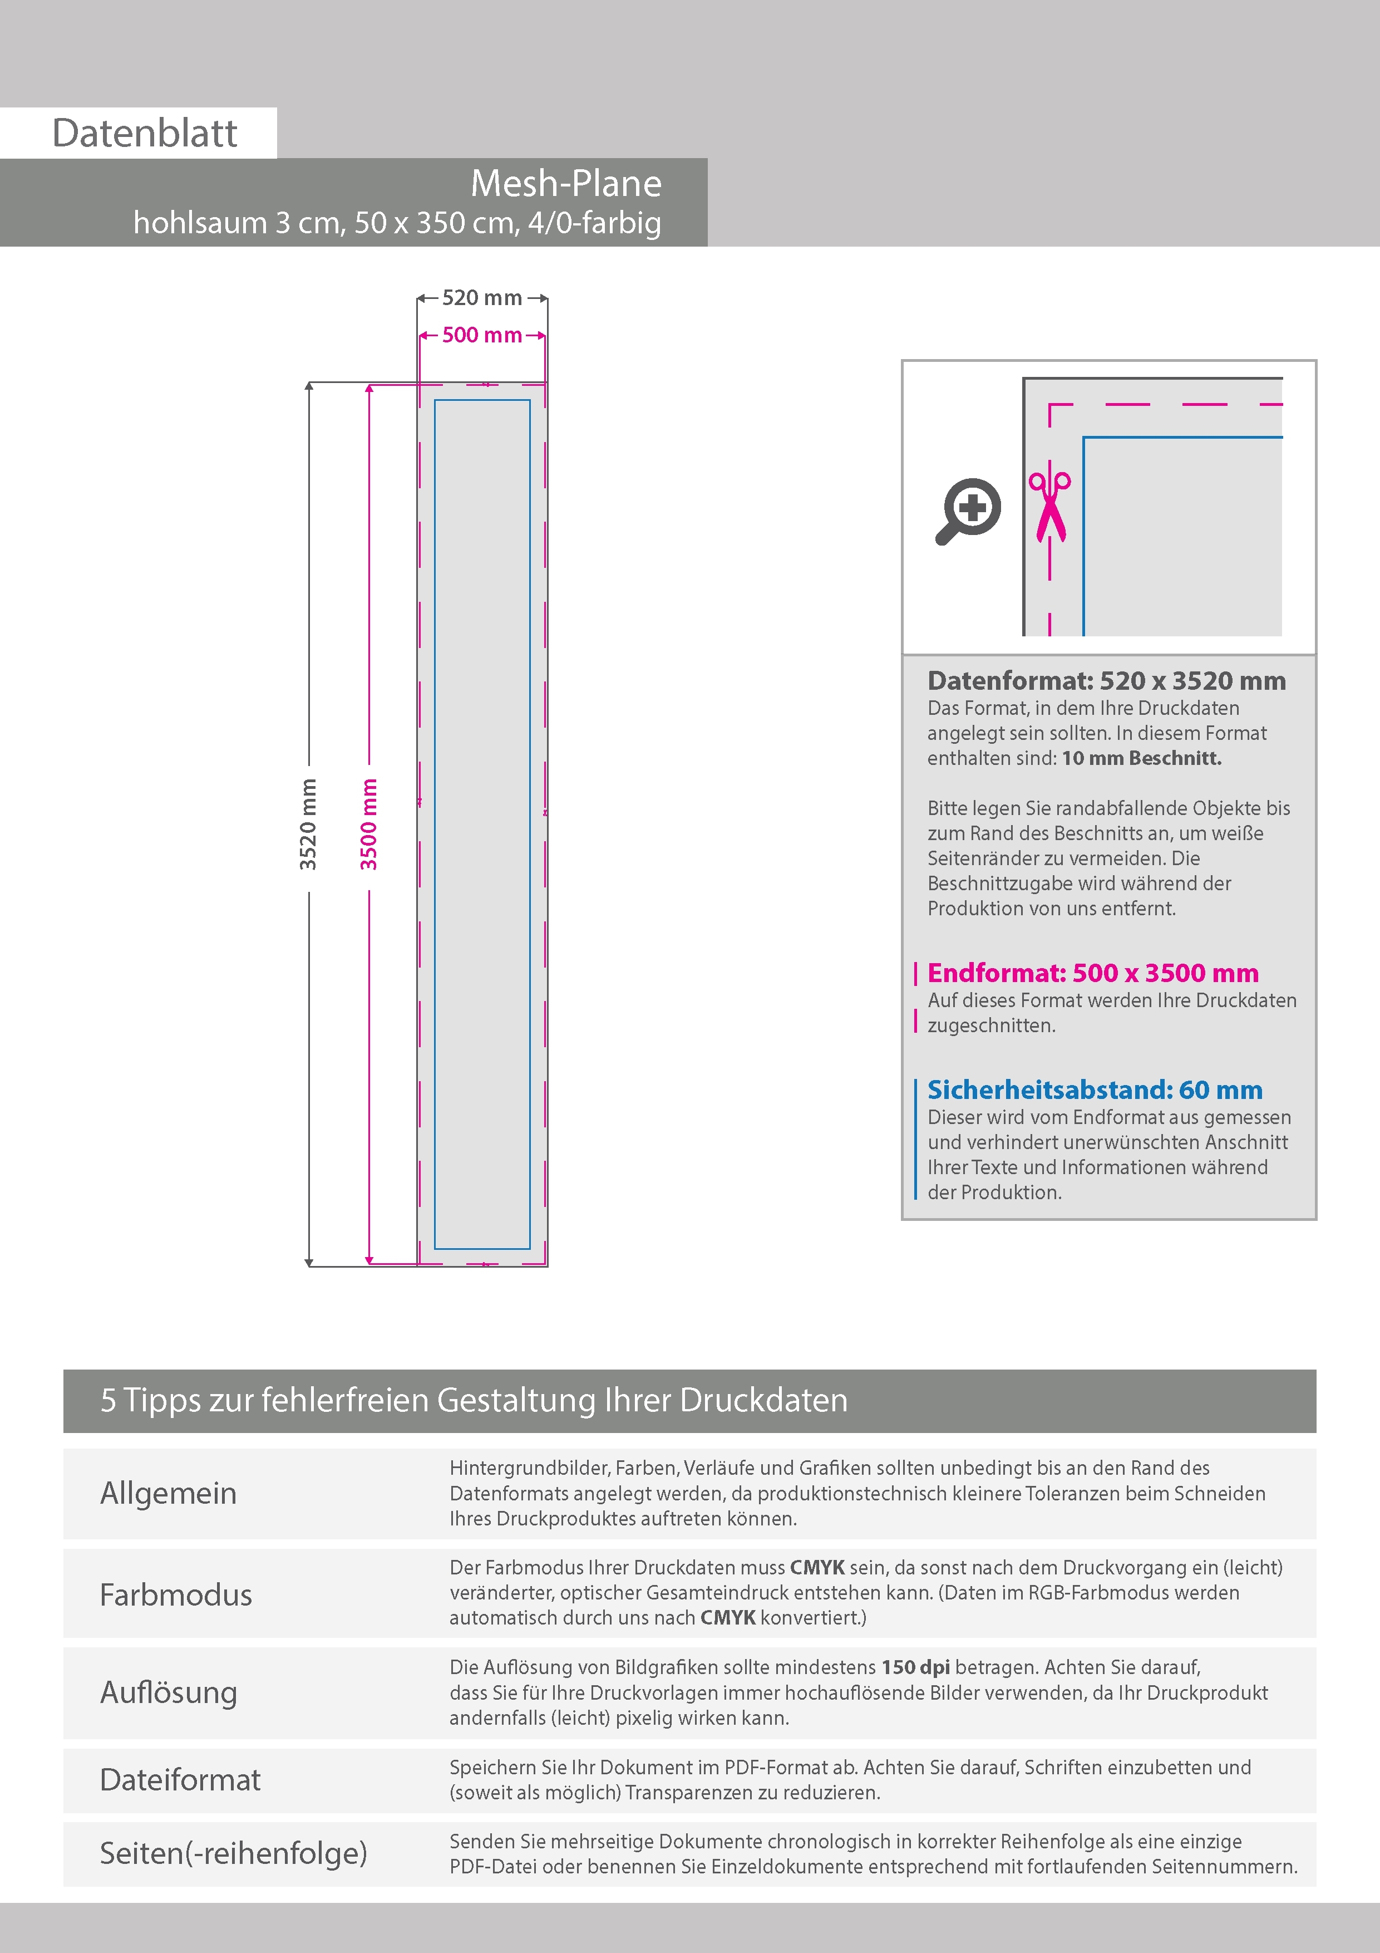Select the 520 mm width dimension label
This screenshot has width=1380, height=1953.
point(481,298)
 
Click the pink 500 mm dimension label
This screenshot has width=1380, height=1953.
point(481,335)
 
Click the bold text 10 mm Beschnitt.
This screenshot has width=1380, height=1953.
point(1141,758)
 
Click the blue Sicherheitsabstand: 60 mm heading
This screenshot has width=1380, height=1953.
point(1095,1090)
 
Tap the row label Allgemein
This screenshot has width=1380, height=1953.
point(169,1493)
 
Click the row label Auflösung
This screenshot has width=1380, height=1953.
point(169,1692)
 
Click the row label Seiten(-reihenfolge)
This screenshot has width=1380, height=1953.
point(233,1853)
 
